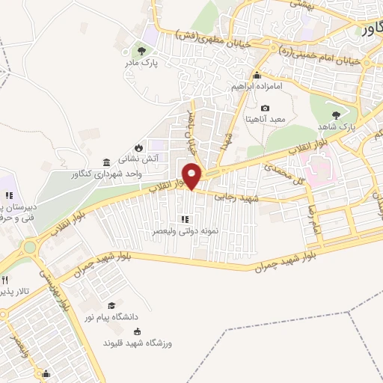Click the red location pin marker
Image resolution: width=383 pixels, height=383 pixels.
(x=192, y=176)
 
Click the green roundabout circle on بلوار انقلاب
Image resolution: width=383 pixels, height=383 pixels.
(x=29, y=246)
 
